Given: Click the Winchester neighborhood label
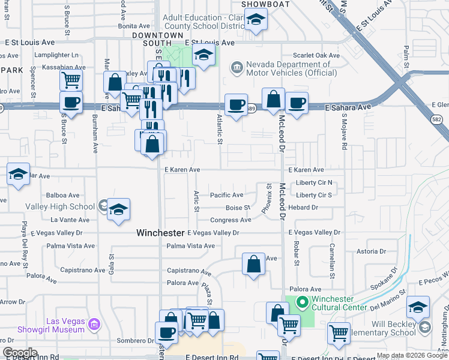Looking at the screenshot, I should pos(160,232).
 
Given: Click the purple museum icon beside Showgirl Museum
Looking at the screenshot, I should pos(94,325).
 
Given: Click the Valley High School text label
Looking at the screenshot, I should pos(59,207).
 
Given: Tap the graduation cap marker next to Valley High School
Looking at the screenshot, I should pos(119,209).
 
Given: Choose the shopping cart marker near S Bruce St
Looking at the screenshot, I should pos(71,79).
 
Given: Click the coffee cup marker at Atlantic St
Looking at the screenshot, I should pos(237,104).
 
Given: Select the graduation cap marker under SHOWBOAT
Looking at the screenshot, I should pos(256,20).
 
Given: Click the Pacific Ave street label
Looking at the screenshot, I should pos(226,195).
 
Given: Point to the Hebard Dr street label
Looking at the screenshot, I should pos(303,208).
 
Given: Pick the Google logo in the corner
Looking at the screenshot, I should pos(20,352).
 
